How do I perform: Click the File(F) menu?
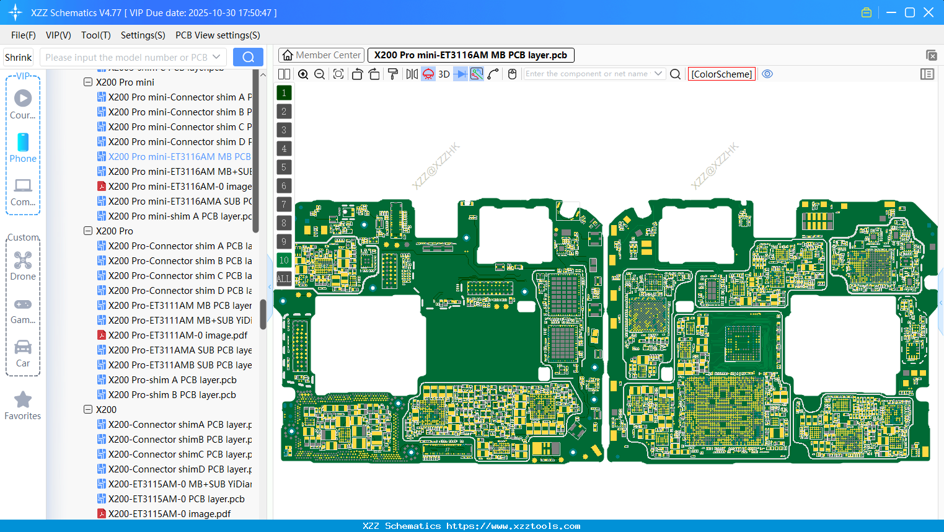pyautogui.click(x=23, y=35)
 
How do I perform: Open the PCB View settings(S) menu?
pyautogui.click(x=218, y=35)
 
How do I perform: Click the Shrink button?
pyautogui.click(x=18, y=58)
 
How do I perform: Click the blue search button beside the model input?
pyautogui.click(x=248, y=57)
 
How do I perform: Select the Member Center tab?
pyautogui.click(x=322, y=55)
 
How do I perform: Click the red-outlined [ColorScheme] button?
pyautogui.click(x=721, y=74)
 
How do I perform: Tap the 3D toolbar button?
pyautogui.click(x=444, y=74)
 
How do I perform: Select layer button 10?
pyautogui.click(x=284, y=260)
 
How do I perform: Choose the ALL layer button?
pyautogui.click(x=284, y=279)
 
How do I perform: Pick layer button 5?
pyautogui.click(x=284, y=167)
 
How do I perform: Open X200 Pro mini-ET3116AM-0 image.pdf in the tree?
pyautogui.click(x=180, y=187)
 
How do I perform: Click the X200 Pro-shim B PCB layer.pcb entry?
pyautogui.click(x=172, y=395)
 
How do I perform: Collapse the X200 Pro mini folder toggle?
pyautogui.click(x=88, y=82)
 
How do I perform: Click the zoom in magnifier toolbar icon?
pyautogui.click(x=303, y=74)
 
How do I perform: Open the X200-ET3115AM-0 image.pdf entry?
pyautogui.click(x=169, y=514)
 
